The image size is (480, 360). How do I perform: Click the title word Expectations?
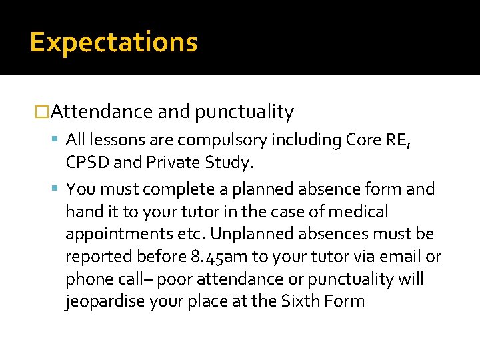point(114,42)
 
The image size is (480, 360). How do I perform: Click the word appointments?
point(123,234)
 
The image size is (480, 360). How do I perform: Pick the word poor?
point(193,279)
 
